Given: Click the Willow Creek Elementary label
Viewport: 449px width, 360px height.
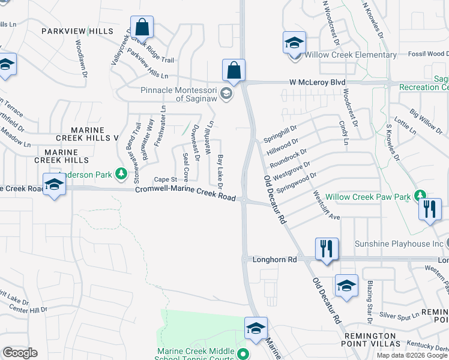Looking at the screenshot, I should (x=351, y=55).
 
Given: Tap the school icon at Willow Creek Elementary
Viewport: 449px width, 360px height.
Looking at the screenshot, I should (x=294, y=43).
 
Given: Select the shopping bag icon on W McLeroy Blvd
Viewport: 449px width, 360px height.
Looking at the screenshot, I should (x=234, y=71).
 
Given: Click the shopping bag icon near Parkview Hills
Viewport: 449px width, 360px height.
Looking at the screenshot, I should (x=142, y=28).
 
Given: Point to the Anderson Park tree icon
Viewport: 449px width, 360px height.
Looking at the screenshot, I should (x=122, y=174).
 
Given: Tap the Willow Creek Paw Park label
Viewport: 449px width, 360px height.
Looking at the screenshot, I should (x=368, y=197).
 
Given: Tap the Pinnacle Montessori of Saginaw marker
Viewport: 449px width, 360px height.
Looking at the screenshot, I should (x=226, y=94).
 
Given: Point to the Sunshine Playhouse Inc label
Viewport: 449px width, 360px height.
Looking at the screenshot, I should (x=398, y=244).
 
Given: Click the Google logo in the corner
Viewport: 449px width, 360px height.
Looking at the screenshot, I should (x=20, y=353).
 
